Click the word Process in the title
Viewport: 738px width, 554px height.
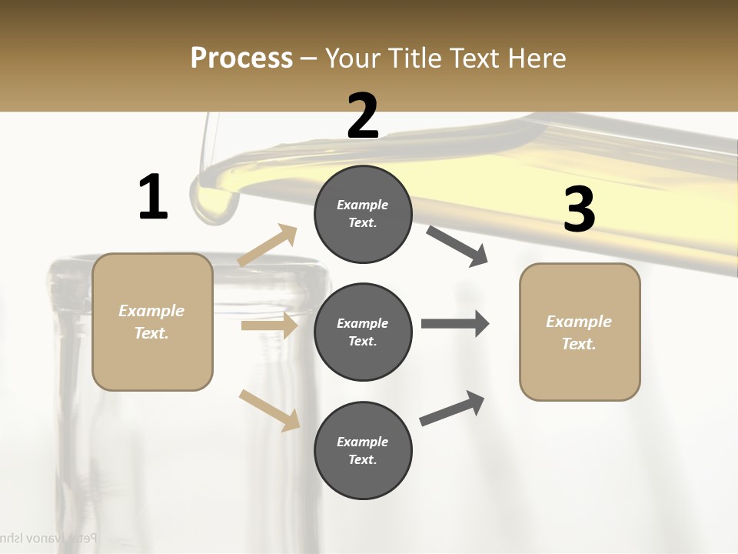(241, 58)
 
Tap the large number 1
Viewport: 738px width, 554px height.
(153, 197)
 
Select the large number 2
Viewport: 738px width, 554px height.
(363, 115)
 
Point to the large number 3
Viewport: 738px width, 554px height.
(580, 210)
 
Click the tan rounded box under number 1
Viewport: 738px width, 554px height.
(152, 322)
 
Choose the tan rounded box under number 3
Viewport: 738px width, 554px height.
(580, 332)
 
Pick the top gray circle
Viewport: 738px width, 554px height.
(363, 214)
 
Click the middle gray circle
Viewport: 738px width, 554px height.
(363, 332)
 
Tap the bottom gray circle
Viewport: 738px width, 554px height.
(363, 450)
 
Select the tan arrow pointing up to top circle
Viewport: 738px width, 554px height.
(268, 245)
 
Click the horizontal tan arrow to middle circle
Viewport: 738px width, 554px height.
(269, 325)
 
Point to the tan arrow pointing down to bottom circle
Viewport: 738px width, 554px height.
(269, 409)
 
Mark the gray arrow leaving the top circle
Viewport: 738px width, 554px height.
(457, 246)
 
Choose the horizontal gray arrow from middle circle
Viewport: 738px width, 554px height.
(454, 323)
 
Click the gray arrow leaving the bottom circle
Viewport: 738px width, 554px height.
(452, 409)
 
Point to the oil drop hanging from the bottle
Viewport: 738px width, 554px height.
(212, 202)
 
